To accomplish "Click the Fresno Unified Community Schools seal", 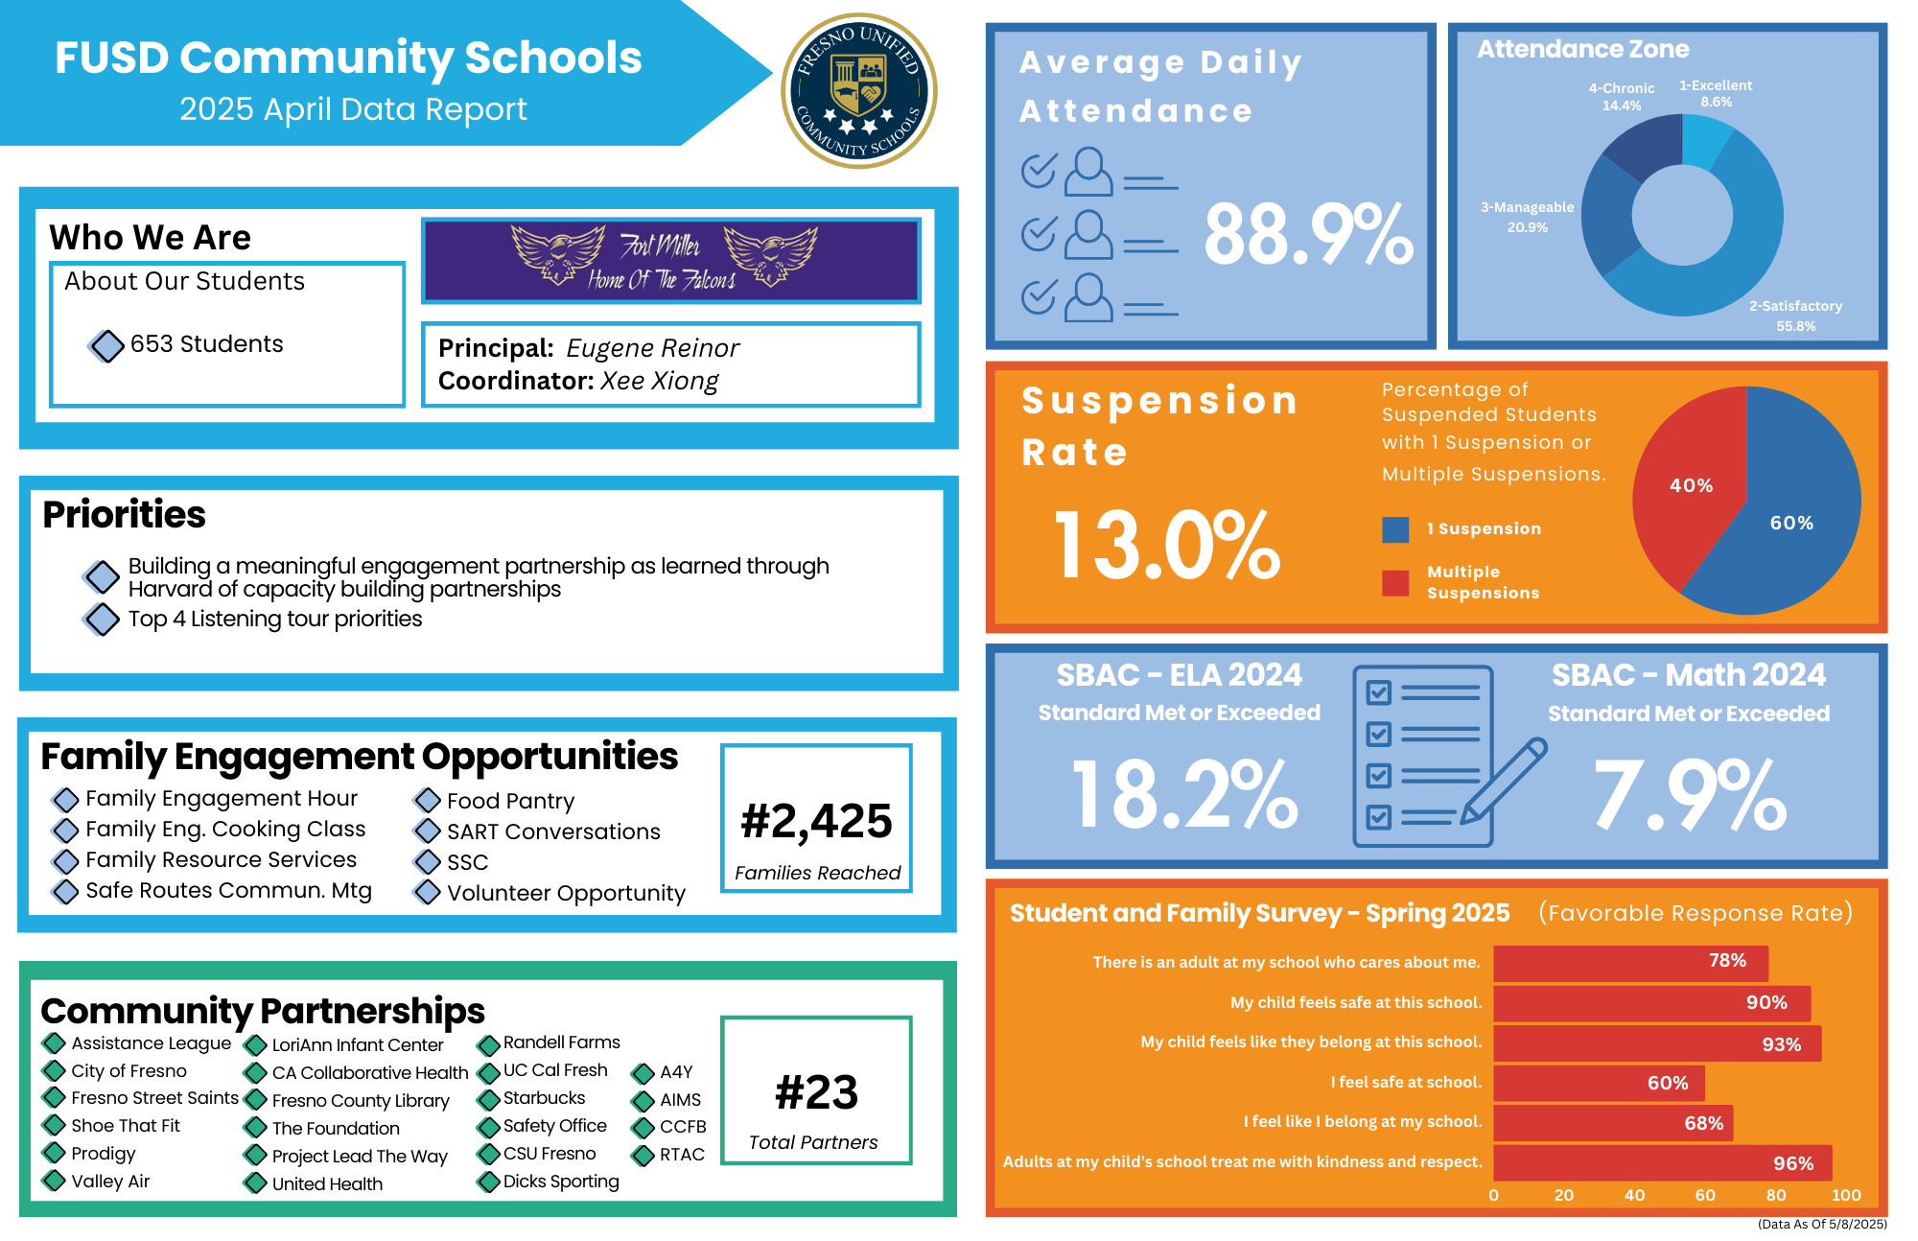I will click(x=859, y=91).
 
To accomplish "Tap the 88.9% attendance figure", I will click(x=1308, y=235).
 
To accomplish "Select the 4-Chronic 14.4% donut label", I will click(x=1621, y=97).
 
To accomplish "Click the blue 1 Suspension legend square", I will click(x=1395, y=529).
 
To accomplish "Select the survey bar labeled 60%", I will click(x=1599, y=1083).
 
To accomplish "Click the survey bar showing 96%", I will click(x=1662, y=1162).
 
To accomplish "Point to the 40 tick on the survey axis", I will click(x=1634, y=1195).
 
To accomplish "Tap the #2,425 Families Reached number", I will click(x=816, y=821).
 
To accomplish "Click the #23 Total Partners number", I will click(x=816, y=1092).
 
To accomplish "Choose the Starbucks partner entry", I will click(x=544, y=1098).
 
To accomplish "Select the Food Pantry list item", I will click(x=510, y=801).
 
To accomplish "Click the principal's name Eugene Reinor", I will click(x=652, y=348).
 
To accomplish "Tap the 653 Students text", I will click(x=206, y=344).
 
